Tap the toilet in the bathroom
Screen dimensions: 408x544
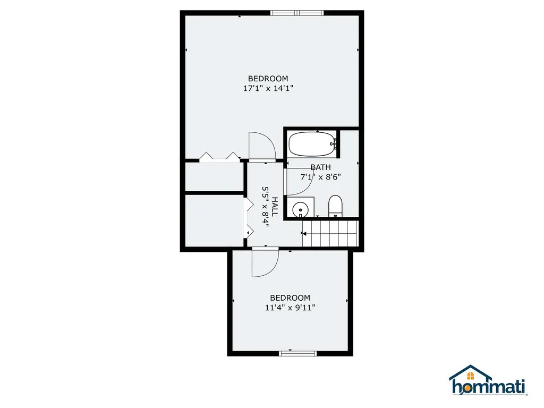(335, 206)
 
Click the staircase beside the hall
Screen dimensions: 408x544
(329, 234)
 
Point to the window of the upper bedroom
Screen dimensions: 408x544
(296, 13)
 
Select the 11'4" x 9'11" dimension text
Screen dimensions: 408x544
(290, 307)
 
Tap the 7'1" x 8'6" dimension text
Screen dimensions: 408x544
(320, 177)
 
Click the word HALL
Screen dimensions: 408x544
(275, 207)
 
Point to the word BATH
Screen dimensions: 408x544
(320, 167)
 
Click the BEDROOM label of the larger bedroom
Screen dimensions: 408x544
(268, 79)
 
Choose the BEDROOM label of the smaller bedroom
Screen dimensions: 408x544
(290, 297)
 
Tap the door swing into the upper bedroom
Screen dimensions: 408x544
(261, 146)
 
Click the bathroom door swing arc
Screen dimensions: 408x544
(299, 181)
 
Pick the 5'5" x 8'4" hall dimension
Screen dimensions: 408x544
(266, 207)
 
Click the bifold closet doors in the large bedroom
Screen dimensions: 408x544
(219, 157)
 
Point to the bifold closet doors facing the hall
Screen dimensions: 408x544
(247, 218)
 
